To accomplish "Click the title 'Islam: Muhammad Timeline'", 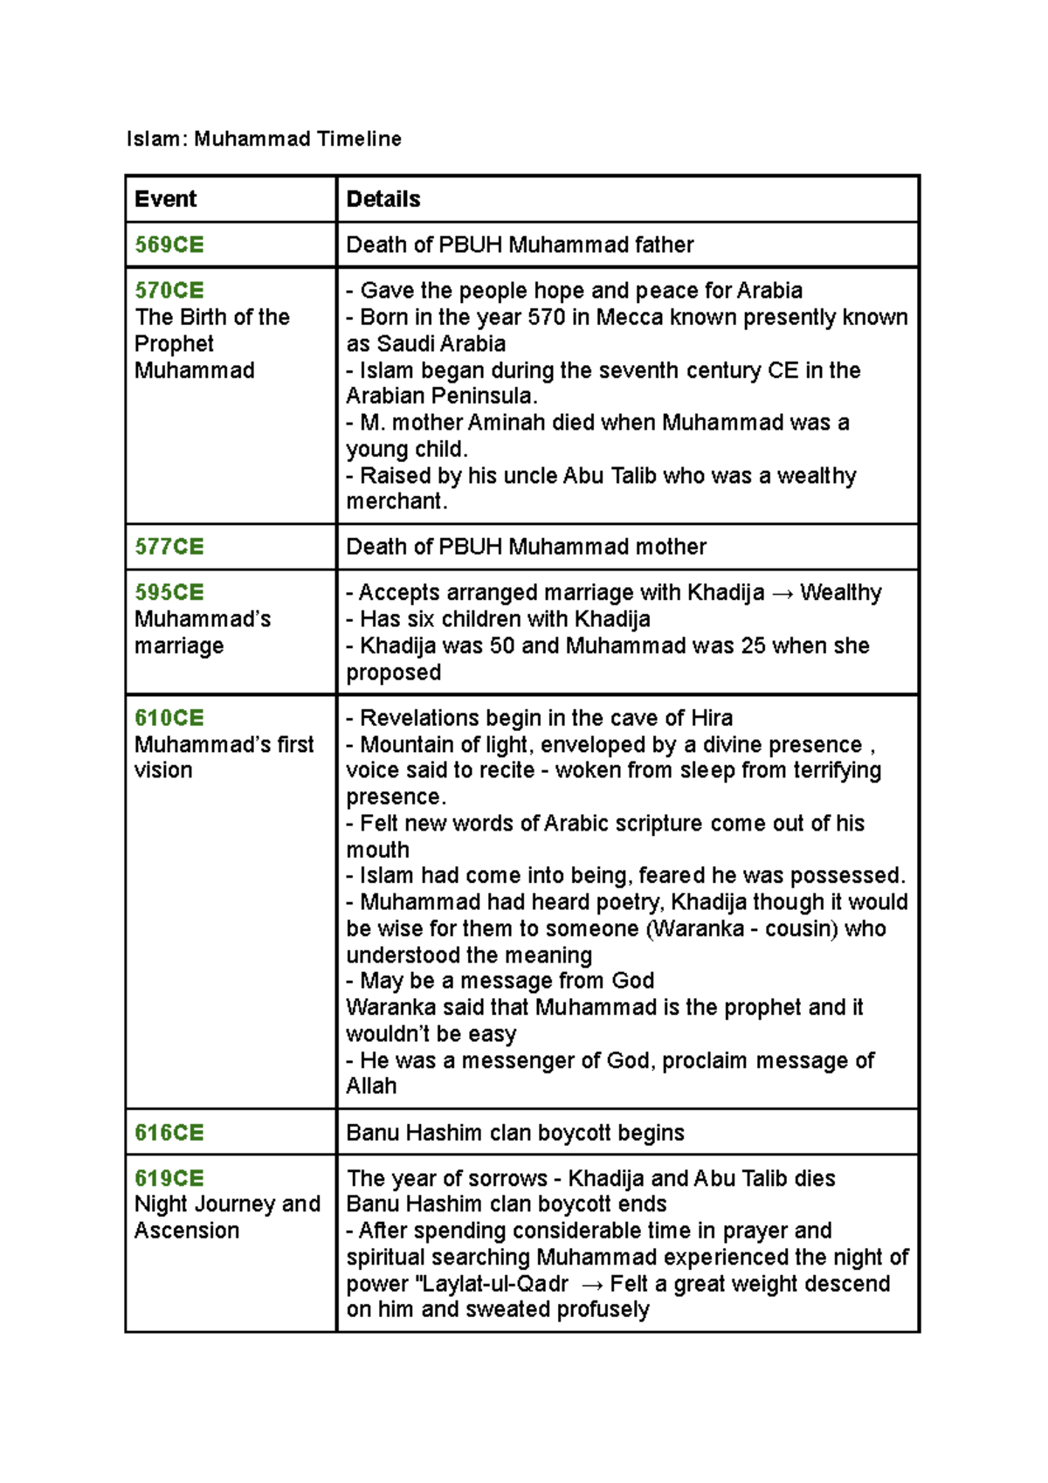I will [264, 139].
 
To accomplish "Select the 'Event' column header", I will [165, 199].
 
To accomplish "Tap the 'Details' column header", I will [383, 199].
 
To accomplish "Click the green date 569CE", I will [169, 245].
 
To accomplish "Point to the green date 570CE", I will [169, 290].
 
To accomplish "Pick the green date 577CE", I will [169, 547].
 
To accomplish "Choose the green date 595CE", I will [169, 592].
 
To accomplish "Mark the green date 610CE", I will [169, 718].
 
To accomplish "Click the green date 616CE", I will [169, 1133].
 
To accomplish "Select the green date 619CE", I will [169, 1178].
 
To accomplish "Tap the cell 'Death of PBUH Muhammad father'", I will [520, 245].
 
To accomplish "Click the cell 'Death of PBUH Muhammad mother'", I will [526, 547].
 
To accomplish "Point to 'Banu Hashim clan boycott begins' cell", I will [515, 1133].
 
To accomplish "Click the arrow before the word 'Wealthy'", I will [783, 594].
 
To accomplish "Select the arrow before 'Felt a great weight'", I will [591, 1285].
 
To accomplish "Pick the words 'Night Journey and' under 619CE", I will [227, 1204].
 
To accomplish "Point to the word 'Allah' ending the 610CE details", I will [371, 1086].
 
